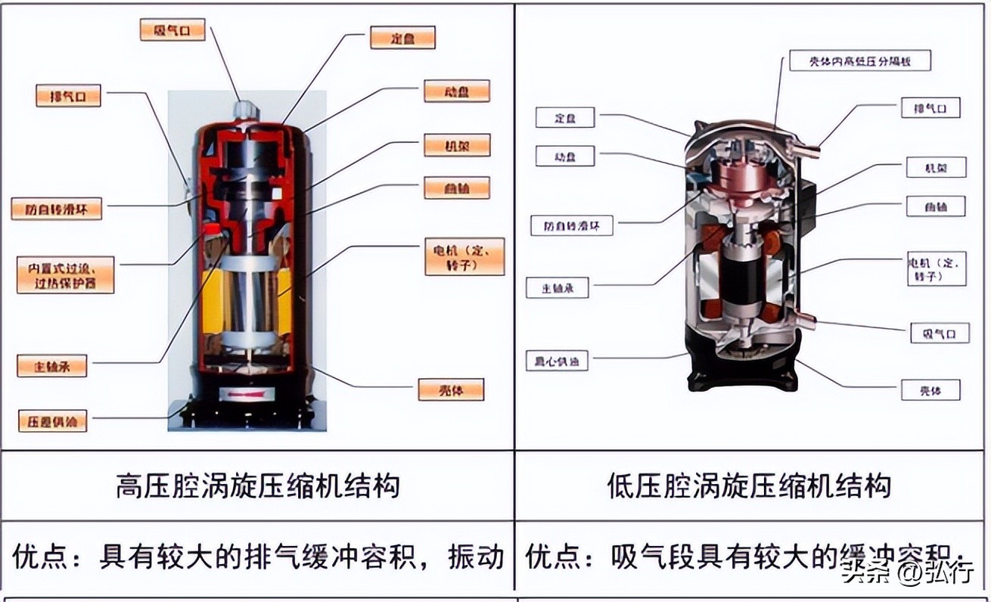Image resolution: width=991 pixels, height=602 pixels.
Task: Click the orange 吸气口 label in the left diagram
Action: click(172, 29)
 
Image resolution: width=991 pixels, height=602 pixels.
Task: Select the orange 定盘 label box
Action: click(402, 38)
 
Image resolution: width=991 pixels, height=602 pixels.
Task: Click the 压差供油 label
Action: click(52, 421)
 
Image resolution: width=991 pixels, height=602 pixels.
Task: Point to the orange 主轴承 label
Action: click(52, 366)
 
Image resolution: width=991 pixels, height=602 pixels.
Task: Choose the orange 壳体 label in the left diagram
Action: click(450, 390)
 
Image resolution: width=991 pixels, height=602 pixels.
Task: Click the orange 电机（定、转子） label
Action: click(464, 257)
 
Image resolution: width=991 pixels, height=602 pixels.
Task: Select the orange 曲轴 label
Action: click(456, 188)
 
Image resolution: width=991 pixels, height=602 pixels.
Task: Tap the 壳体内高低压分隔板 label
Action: click(859, 61)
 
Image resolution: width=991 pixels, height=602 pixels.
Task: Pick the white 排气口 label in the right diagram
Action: click(930, 107)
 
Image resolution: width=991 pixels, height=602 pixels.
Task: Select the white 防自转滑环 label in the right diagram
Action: click(571, 225)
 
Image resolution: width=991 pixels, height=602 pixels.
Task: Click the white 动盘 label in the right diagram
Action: click(564, 157)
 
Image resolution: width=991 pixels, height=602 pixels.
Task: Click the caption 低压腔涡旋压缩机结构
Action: click(749, 485)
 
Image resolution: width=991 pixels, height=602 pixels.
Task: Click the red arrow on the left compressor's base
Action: click(247, 395)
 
